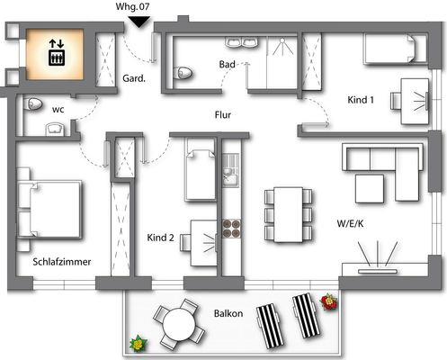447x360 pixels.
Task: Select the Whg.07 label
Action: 134,6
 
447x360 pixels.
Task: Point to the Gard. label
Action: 135,78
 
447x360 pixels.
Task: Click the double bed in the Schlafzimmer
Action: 49,208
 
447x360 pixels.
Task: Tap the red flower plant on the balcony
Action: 329,301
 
